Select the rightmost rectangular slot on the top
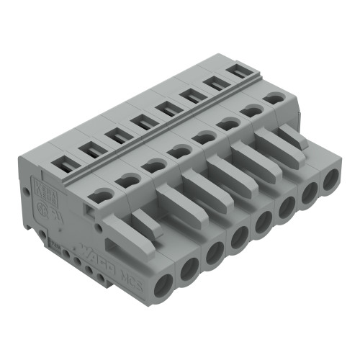(x=237, y=73)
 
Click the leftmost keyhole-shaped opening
(x=104, y=194)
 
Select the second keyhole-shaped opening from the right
(x=251, y=109)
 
